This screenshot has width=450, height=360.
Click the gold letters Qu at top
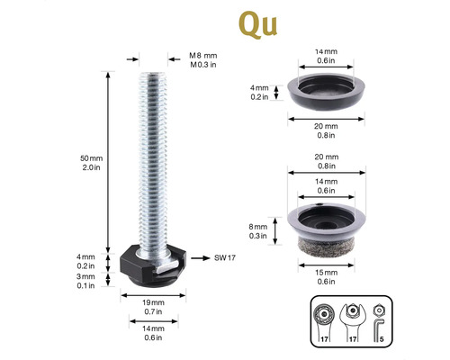[258, 24]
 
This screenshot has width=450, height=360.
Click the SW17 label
[225, 257]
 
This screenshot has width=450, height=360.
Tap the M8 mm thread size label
[202, 56]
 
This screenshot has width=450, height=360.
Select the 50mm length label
[91, 158]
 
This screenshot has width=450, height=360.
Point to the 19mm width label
[153, 302]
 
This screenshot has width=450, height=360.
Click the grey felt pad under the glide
[326, 247]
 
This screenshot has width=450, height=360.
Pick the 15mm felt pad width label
[326, 273]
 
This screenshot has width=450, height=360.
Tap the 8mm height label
[257, 227]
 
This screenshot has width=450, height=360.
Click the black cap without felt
[326, 92]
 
